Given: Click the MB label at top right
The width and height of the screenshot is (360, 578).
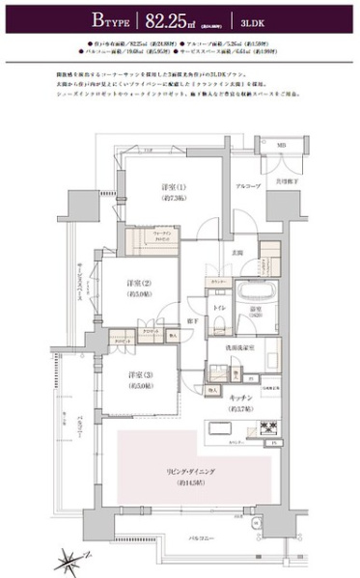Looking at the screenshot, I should point(281,147).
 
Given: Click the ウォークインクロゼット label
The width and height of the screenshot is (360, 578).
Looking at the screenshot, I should point(142,236).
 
